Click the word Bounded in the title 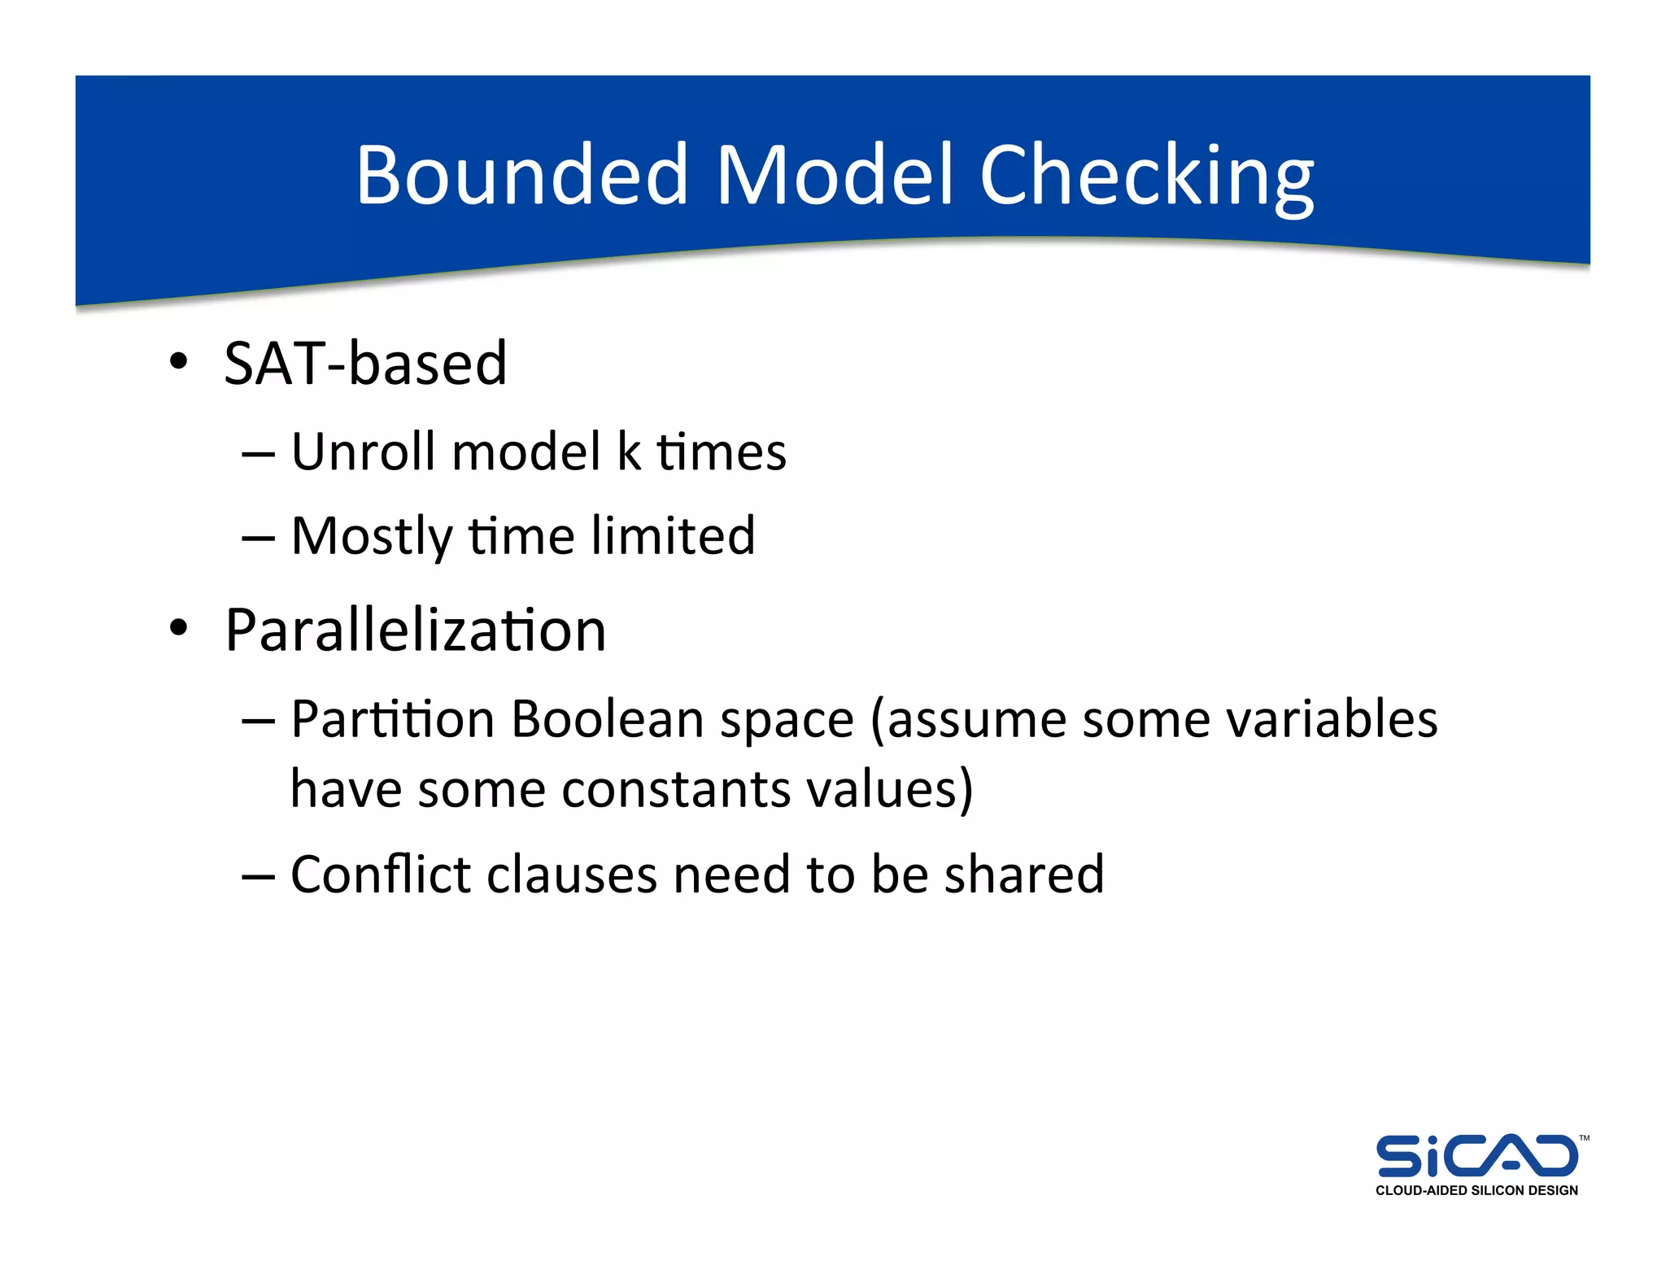tap(522, 175)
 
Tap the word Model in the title tap(833, 175)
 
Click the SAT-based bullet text tap(365, 363)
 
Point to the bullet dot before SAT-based tap(178, 361)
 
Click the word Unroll tap(364, 452)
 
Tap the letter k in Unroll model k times tap(629, 452)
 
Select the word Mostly tap(371, 537)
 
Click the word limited tap(673, 535)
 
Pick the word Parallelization tap(415, 630)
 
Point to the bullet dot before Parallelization tap(178, 629)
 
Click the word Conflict tap(381, 875)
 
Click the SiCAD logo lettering tap(1476, 1156)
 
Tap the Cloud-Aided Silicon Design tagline tap(1476, 1190)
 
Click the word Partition tap(392, 719)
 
